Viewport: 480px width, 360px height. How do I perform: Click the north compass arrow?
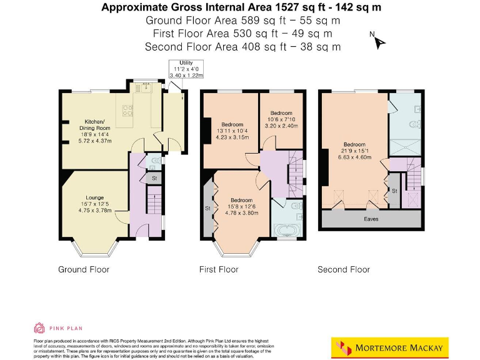[x=379, y=42]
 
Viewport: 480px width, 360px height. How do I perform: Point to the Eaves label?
[x=371, y=219]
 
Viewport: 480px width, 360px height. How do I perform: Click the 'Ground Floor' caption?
[x=84, y=269]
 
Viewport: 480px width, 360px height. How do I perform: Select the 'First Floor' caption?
[x=219, y=269]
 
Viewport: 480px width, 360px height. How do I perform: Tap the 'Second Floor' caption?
[x=343, y=269]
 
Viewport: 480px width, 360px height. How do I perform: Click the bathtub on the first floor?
[x=288, y=231]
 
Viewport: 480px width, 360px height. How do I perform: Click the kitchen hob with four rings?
[x=128, y=110]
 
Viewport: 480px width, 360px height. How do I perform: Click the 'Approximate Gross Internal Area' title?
[x=241, y=8]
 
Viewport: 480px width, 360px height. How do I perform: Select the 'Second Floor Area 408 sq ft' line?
[x=242, y=46]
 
